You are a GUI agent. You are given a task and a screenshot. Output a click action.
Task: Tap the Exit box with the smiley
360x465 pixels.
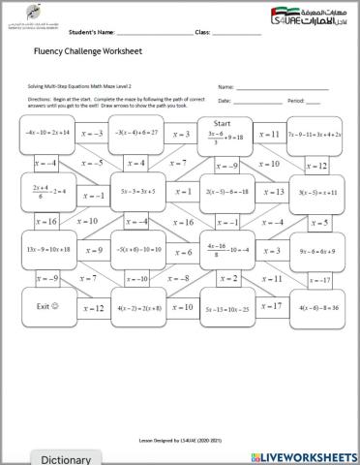46,307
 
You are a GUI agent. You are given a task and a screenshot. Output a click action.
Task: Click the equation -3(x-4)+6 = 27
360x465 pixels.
136,134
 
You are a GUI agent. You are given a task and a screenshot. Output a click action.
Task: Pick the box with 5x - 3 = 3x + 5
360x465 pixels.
136,192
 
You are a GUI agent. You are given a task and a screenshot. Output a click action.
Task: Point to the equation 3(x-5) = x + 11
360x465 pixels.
317,192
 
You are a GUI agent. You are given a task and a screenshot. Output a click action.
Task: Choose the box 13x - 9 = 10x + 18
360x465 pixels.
46,250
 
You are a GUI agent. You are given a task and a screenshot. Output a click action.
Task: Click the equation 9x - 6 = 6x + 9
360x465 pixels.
317,250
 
